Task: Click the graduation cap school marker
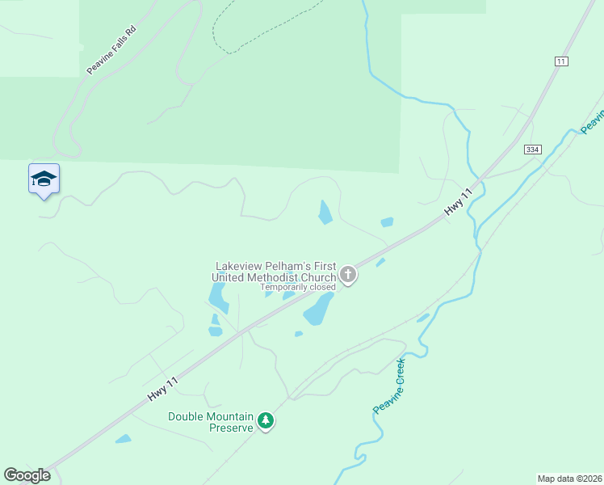point(44,179)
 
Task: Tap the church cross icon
point(348,275)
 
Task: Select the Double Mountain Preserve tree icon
point(266,421)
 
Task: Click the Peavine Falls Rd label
point(111,51)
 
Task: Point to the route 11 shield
point(562,61)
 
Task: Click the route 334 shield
point(531,150)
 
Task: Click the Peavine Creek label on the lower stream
point(389,387)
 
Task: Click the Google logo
point(27,475)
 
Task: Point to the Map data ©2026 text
point(569,478)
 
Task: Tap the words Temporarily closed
point(297,287)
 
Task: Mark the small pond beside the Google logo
point(123,439)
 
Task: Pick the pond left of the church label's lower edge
point(217,297)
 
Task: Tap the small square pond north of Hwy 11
point(387,221)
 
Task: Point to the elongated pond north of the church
point(325,213)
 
